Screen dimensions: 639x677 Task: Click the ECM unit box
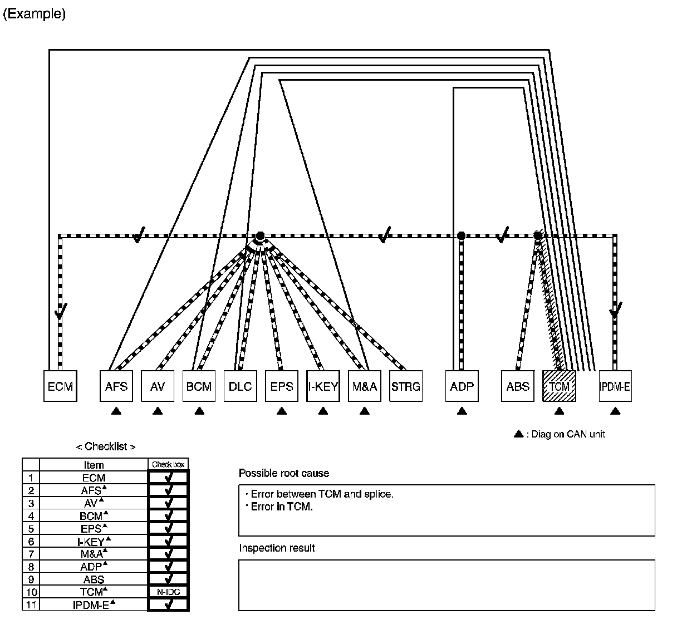pyautogui.click(x=60, y=386)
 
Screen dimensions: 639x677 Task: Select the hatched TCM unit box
pyautogui.click(x=559, y=386)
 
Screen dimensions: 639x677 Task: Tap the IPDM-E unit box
pyautogui.click(x=615, y=386)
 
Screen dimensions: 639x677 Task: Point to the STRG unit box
pyautogui.click(x=405, y=386)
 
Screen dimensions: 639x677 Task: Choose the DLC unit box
pyautogui.click(x=241, y=386)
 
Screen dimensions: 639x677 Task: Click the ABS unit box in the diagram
pyautogui.click(x=518, y=386)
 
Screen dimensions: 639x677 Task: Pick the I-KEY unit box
pyautogui.click(x=323, y=386)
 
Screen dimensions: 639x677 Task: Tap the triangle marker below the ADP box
pyautogui.click(x=462, y=411)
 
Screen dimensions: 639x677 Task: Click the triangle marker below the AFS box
pyautogui.click(x=116, y=411)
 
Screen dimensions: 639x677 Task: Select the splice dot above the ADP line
pyautogui.click(x=461, y=235)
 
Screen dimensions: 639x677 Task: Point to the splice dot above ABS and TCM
pyautogui.click(x=538, y=235)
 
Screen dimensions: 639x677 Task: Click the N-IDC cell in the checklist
pyautogui.click(x=168, y=592)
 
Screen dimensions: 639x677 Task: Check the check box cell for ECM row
pyautogui.click(x=168, y=478)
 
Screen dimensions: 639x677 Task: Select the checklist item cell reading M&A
pyautogui.click(x=94, y=554)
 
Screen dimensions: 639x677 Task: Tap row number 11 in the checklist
pyautogui.click(x=31, y=605)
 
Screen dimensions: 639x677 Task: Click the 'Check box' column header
pyautogui.click(x=168, y=464)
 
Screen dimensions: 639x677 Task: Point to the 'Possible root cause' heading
pyautogui.click(x=284, y=473)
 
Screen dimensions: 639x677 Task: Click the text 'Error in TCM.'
pyautogui.click(x=282, y=507)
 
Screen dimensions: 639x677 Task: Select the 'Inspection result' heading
pyautogui.click(x=277, y=548)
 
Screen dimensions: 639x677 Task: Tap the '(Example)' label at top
pyautogui.click(x=35, y=14)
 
